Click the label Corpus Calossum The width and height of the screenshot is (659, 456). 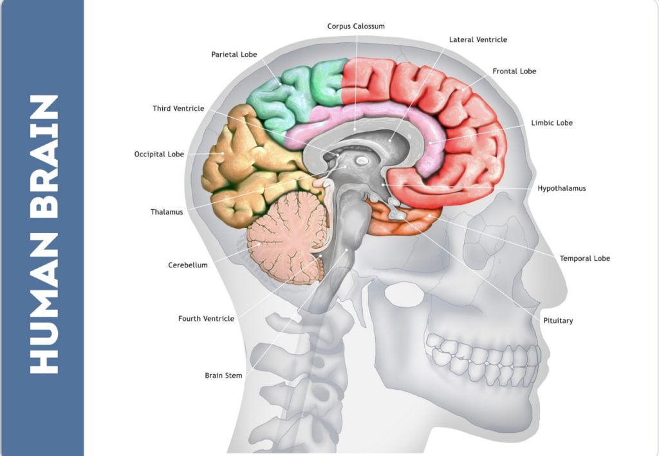[356, 26]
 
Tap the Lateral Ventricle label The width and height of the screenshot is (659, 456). [478, 40]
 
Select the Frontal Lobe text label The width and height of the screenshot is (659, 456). [514, 71]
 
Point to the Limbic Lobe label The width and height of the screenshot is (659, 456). [552, 123]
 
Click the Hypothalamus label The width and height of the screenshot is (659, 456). [561, 189]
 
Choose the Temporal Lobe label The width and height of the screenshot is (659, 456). [584, 259]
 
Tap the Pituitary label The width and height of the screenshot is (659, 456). [557, 321]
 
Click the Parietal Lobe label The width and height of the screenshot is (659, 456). [234, 55]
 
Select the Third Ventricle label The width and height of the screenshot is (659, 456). [178, 109]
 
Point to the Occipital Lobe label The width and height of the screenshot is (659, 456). [159, 155]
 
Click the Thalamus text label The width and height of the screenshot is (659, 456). [167, 212]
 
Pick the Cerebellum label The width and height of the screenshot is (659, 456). [188, 265]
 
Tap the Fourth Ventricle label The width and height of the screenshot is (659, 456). [206, 319]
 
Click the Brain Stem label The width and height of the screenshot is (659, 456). [223, 375]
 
